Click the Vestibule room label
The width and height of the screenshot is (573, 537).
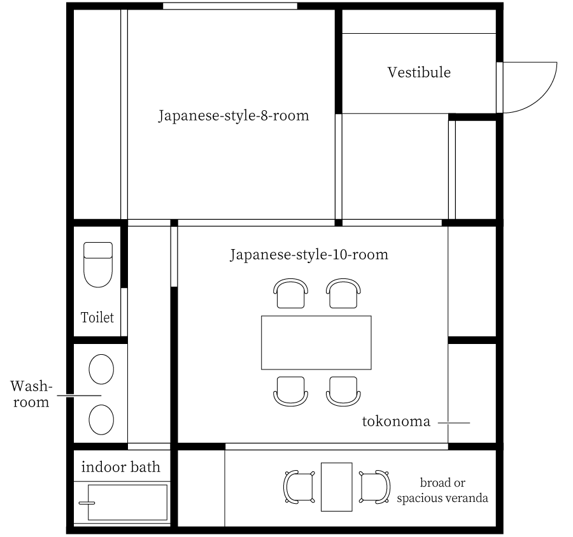tap(419, 73)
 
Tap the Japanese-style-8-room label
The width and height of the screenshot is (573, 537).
tap(234, 117)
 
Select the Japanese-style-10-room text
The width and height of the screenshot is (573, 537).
tap(309, 255)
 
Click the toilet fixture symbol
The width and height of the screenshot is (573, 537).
tap(98, 263)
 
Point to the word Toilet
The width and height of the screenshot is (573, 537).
tap(97, 317)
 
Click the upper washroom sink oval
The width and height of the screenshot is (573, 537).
tap(101, 369)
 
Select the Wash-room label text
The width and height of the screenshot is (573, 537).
tap(30, 394)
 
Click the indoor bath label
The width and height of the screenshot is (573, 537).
tap(121, 468)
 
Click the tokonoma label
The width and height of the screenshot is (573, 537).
tap(397, 422)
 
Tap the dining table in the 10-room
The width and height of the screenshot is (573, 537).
tap(316, 343)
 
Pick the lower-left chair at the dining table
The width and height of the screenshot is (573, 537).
tap(291, 390)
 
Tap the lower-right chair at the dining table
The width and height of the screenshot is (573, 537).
tap(343, 390)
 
